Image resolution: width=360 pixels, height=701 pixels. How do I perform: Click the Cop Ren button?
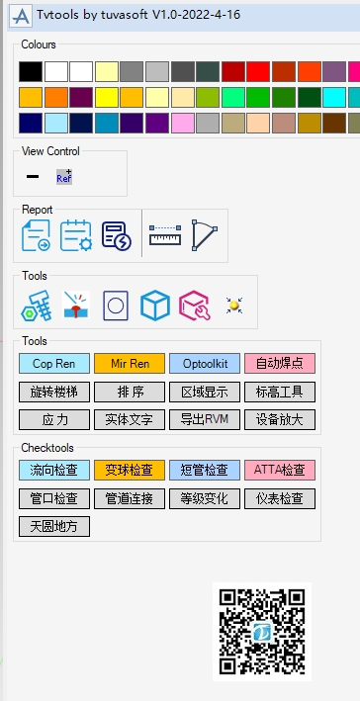point(54,363)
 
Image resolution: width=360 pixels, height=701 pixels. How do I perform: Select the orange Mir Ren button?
point(130,363)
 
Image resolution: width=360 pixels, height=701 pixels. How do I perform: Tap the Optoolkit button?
point(205,363)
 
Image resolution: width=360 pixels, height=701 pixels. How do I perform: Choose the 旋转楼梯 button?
point(54,392)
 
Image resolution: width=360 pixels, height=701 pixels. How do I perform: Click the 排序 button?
point(130,392)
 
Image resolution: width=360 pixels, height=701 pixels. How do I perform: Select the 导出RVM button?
point(205,419)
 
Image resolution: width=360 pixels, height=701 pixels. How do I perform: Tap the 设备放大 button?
point(280,419)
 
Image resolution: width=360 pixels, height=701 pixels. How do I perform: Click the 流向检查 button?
point(54,470)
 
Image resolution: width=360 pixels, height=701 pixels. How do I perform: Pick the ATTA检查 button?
point(280,470)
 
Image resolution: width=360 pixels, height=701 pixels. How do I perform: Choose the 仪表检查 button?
point(280,498)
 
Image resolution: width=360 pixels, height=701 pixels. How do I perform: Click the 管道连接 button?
point(130,498)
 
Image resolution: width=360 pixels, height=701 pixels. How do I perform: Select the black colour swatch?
point(31,71)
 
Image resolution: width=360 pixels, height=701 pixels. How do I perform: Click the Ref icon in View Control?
point(64,177)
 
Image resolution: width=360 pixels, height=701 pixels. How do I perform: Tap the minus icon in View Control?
point(33,177)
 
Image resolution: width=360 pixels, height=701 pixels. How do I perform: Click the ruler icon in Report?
point(164,235)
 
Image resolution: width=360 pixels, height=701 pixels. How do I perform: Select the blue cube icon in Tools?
point(154,305)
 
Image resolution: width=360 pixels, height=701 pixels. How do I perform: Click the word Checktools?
point(47,448)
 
